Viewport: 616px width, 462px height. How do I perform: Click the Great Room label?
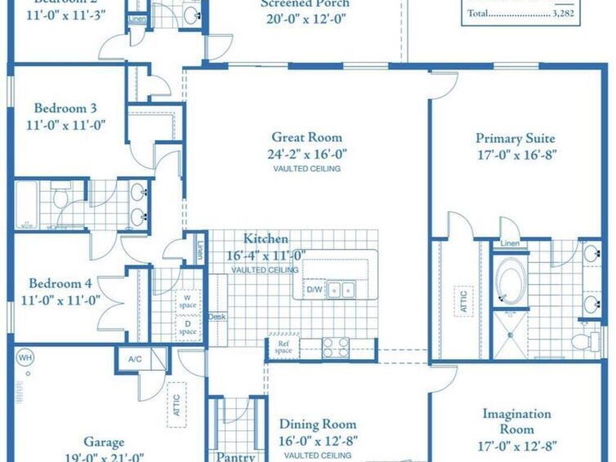tap(306, 137)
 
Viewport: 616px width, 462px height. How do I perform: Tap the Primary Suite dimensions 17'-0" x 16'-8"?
tap(515, 153)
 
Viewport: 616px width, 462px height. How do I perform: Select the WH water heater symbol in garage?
tap(25, 357)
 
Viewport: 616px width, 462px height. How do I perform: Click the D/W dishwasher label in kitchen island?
tap(315, 290)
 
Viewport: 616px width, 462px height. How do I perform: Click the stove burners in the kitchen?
tap(336, 347)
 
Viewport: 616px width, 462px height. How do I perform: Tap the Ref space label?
tap(283, 346)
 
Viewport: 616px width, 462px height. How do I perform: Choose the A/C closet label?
tap(135, 359)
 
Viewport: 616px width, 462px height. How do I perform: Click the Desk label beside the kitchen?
tap(217, 316)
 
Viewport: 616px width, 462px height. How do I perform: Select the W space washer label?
tap(188, 301)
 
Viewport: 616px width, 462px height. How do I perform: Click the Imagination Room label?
tap(516, 422)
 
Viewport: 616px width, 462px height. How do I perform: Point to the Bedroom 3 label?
tap(65, 109)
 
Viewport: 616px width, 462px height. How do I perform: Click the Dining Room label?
tap(318, 425)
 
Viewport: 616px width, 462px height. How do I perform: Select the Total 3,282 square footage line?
tap(520, 13)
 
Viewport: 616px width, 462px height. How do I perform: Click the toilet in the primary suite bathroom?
tap(583, 342)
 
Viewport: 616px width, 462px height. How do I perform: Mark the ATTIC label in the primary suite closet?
tap(463, 301)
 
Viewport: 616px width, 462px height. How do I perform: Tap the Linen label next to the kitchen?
tap(200, 250)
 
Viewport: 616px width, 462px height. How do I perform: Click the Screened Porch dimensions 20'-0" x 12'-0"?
tap(306, 18)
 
